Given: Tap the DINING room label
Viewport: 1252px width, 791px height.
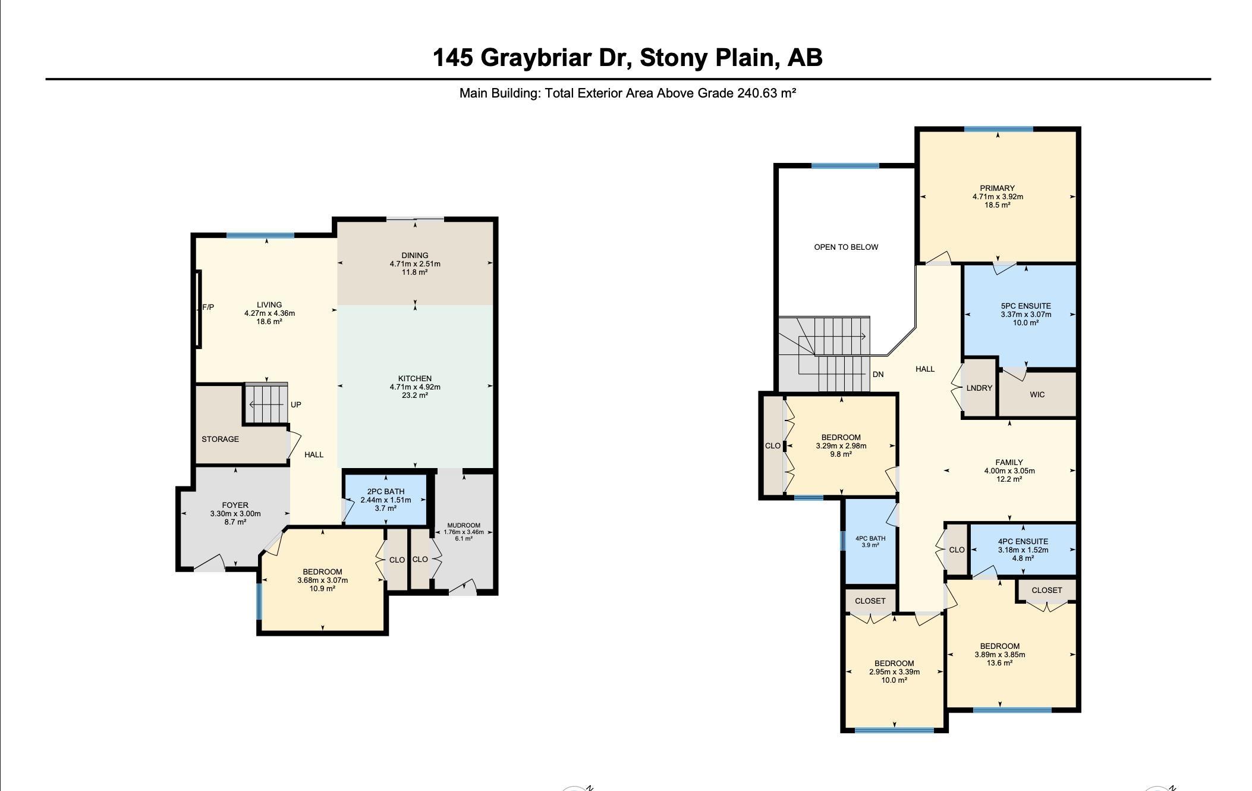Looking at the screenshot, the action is pos(415,255).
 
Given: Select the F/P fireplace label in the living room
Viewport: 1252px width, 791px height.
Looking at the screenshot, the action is pos(208,307).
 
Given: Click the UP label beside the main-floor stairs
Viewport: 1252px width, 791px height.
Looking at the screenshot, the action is pos(296,404).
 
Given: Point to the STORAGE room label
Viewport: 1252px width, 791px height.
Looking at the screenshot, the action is pos(220,439).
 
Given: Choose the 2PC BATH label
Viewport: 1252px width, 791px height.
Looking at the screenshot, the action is pos(386,491).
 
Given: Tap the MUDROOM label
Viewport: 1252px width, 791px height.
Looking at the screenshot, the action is pos(464,525).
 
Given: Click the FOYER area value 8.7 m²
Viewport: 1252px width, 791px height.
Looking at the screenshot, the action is pos(235,522).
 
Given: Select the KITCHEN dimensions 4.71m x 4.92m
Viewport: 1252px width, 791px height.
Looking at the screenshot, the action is pos(415,387).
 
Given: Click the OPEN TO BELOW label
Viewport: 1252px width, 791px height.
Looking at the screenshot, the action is pos(846,247).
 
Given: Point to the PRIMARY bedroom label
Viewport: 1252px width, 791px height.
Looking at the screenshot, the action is pos(998,188).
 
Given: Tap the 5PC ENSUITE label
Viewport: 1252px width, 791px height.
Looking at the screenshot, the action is pos(1026,306).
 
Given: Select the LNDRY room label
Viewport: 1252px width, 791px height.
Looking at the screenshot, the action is pos(979,388).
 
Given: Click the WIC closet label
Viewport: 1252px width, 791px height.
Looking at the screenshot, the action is pos(1037,394).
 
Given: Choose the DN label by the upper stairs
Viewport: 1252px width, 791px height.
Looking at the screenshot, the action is pos(878,374).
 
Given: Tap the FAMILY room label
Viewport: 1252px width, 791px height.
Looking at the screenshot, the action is pos(1009,462).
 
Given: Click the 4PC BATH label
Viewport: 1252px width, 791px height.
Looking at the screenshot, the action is pos(870,538).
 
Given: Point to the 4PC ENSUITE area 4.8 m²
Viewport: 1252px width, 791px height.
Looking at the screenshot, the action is pos(1023,558).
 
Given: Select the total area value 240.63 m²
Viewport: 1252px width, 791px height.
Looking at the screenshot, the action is pos(766,93).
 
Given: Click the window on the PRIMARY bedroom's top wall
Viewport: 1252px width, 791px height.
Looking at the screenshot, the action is pos(999,129).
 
